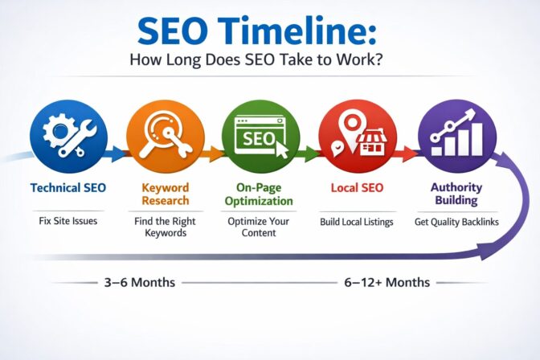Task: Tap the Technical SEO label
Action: point(67,187)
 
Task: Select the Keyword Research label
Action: point(166,194)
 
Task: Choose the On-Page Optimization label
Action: point(259,194)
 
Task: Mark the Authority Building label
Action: point(456,194)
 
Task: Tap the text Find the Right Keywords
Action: point(166,227)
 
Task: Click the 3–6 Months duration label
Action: point(137,283)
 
